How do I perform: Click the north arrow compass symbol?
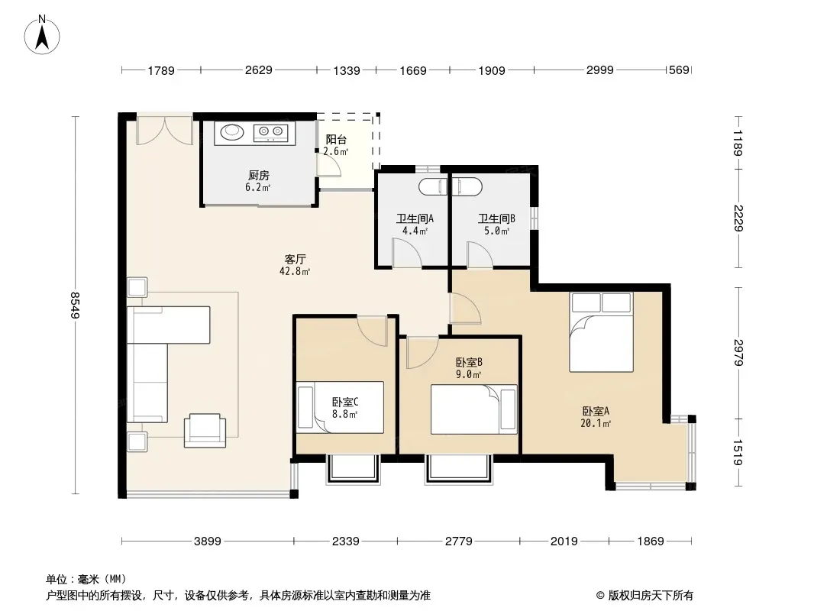tap(43, 34)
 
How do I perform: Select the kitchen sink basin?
tap(232, 134)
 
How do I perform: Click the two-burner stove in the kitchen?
tap(271, 134)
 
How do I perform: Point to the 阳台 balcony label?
tap(336, 141)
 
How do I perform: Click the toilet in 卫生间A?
tap(433, 186)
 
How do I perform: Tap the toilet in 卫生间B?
tap(467, 186)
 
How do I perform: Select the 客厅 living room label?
tap(296, 260)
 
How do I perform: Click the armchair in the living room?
tap(205, 430)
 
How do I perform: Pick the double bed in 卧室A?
tap(601, 331)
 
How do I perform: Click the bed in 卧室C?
tap(341, 408)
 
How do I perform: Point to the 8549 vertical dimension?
tap(76, 305)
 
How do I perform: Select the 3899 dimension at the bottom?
tap(207, 541)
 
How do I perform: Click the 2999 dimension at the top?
tap(600, 71)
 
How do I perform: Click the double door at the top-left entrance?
tap(164, 130)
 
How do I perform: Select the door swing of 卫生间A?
tap(407, 253)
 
